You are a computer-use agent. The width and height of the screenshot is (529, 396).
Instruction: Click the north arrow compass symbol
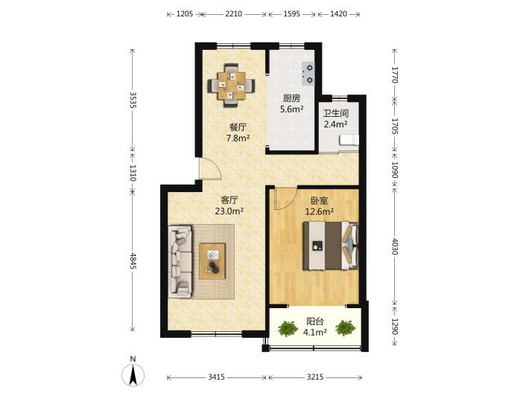pos(133,374)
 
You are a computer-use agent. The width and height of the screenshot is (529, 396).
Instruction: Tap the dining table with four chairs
pos(232,86)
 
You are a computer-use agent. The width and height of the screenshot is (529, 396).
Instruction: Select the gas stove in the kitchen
pos(308,74)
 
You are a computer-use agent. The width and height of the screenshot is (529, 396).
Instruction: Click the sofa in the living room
pos(180,261)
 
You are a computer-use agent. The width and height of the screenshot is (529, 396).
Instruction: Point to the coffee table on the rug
pos(212,261)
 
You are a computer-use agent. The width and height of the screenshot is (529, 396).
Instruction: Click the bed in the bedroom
pos(330,246)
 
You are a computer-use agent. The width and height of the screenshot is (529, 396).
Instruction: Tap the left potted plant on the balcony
pos(288,328)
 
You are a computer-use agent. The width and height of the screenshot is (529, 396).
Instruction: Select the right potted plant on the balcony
pos(345,328)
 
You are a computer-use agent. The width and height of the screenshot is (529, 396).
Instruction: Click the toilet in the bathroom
pos(349,140)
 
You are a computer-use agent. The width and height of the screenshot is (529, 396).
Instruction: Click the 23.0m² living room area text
pos(229,211)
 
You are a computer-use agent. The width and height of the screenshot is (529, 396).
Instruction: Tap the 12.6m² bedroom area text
pos(320,211)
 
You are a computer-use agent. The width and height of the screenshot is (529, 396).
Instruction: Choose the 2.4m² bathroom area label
pos(336,124)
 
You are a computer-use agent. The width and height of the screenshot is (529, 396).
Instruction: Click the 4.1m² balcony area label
pos(314,333)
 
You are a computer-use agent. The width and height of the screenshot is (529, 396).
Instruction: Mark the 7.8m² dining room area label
pos(238,138)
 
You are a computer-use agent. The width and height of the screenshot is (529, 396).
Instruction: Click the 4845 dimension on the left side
pos(133,261)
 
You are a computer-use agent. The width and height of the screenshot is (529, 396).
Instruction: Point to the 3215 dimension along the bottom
pos(315,377)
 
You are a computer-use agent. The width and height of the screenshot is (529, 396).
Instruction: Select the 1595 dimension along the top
pos(291,14)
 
